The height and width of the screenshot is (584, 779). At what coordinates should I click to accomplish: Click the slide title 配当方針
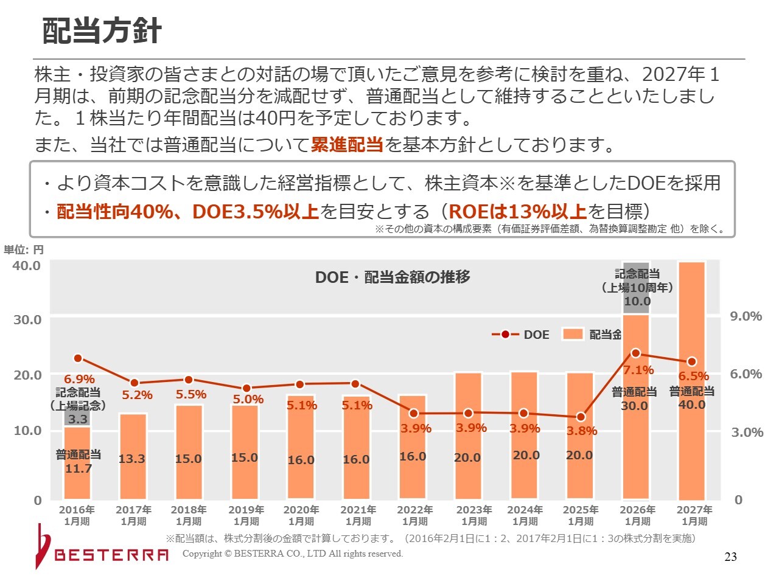coord(102,31)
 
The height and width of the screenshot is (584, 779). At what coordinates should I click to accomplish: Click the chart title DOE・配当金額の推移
coord(393,277)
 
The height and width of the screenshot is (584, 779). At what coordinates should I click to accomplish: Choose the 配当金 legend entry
coord(592,335)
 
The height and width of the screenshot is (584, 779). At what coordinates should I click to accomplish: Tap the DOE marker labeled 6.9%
coord(78,358)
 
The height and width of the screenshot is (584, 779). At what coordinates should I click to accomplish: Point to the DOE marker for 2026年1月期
coord(636,353)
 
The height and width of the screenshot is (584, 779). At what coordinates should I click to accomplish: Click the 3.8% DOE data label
coord(582,431)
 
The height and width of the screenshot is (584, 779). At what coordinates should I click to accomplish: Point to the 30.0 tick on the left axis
coord(27,320)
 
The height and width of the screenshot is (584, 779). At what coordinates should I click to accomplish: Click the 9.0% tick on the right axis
coord(746,316)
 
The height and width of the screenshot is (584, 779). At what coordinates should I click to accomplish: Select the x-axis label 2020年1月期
coord(301,515)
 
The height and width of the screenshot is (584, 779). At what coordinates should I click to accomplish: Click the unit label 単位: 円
coord(24,250)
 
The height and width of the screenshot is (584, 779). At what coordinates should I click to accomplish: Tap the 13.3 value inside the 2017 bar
coord(132,459)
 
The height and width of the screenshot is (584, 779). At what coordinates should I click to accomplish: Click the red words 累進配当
coord(347,145)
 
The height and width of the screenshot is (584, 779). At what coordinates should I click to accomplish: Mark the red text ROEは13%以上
coord(517,211)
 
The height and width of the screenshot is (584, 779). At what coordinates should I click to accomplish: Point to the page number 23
coord(730,557)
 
